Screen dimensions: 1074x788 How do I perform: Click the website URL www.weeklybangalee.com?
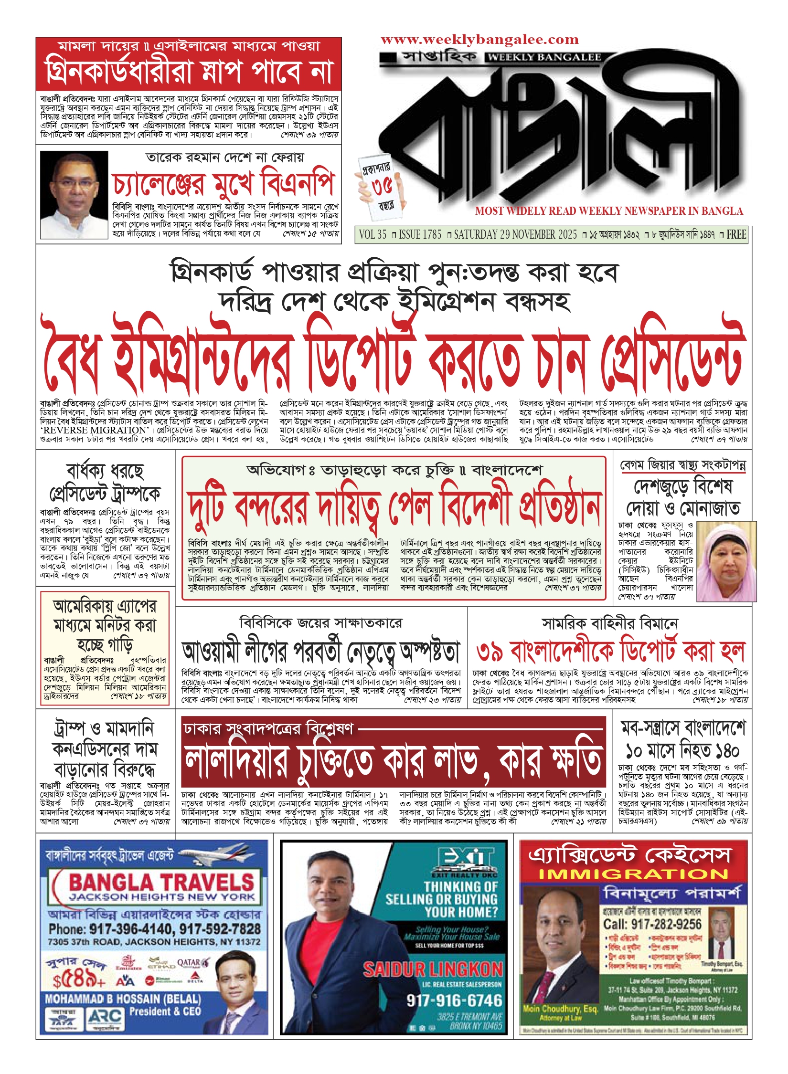click(479, 40)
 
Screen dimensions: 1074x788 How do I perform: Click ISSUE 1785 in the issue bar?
click(420, 235)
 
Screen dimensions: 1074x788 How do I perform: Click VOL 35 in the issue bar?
click(373, 235)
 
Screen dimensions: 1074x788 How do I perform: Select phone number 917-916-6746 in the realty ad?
click(454, 1000)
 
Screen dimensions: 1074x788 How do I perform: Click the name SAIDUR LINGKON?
click(433, 969)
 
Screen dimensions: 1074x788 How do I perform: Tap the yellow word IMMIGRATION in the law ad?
click(633, 874)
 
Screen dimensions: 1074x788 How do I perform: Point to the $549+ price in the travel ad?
click(78, 980)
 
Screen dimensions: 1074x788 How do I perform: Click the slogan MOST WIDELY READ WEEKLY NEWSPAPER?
click(609, 211)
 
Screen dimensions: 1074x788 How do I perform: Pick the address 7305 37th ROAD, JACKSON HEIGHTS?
click(154, 942)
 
